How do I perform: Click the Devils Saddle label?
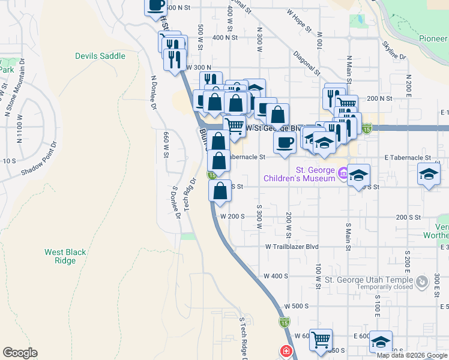pos(100,56)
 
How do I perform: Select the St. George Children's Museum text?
pos(299,174)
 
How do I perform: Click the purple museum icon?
pos(343,174)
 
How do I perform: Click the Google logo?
pos(20,353)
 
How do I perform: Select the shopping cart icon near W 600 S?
pos(321,340)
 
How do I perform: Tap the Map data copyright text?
pos(412,356)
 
